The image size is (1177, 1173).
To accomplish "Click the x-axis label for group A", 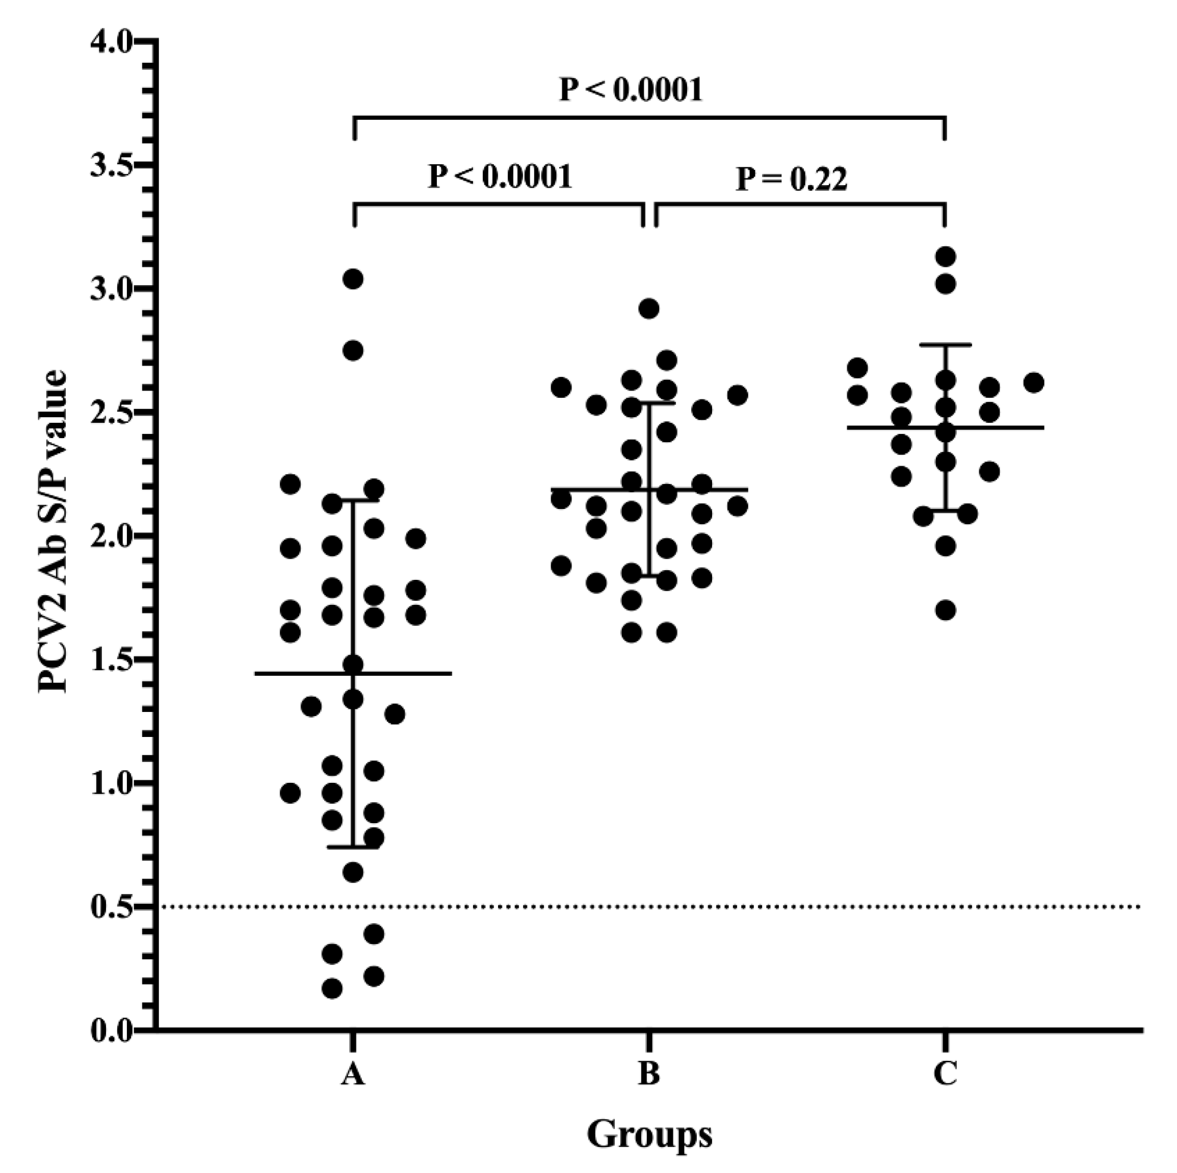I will [353, 1074].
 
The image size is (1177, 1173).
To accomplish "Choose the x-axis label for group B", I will [649, 1074].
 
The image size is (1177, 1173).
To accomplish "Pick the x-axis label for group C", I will [945, 1074].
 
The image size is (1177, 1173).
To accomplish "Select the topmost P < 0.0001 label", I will [631, 90].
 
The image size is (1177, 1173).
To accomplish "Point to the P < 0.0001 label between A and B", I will [500, 177].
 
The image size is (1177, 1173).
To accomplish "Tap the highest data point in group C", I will [946, 256].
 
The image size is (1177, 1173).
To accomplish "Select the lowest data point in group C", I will [946, 610].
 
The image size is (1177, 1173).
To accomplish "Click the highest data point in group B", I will [649, 309].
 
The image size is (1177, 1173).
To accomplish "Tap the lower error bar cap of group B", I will [649, 575].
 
